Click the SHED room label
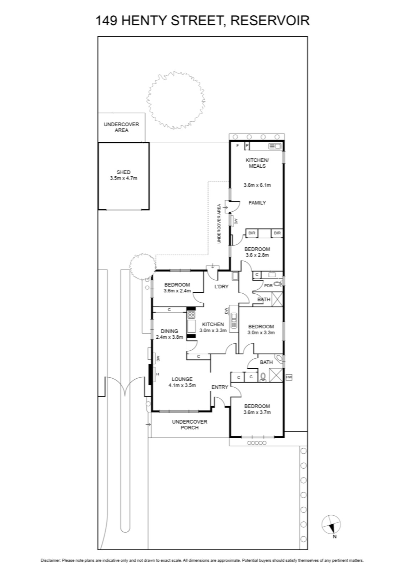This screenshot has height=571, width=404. coord(123,172)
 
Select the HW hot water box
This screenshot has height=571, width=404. coord(289,377)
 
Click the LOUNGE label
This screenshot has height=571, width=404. coord(182,379)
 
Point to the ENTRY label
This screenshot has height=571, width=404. coord(220,387)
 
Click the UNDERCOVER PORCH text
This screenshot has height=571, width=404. coord(190,425)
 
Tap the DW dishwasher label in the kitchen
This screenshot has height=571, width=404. coord(226,311)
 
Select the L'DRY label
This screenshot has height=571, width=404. coord(221,287)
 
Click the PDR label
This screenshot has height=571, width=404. coord(268,286)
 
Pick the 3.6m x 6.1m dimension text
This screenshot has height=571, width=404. coord(257,185)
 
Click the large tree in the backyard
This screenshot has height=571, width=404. coord(176,100)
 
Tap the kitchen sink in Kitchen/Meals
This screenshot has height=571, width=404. coord(275,146)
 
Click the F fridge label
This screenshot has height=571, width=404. coord(238,146)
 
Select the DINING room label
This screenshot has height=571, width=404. coord(170,332)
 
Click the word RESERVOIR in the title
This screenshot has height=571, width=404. coord(270,21)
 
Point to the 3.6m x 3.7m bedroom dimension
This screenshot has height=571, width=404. coord(257,412)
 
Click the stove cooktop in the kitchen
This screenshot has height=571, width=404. coord(191,315)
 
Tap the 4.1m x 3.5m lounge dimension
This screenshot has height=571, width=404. coord(182,385)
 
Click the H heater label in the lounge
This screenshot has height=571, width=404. coord(157,374)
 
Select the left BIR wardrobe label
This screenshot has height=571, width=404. coord(252,233)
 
